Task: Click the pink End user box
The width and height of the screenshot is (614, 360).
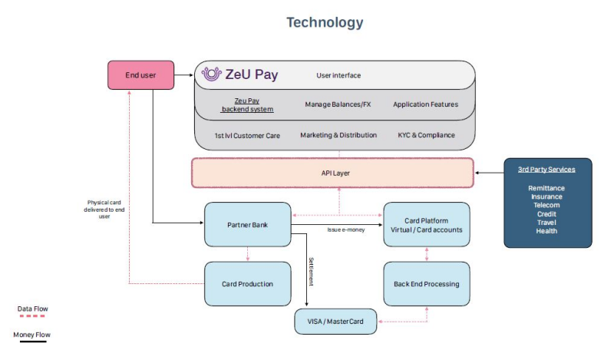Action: [141, 74]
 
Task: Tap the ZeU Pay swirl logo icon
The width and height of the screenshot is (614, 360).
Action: [212, 74]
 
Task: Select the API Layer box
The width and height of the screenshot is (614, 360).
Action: [332, 173]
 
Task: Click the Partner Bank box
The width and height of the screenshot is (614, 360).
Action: [247, 224]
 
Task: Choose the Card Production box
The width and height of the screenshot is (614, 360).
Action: [247, 284]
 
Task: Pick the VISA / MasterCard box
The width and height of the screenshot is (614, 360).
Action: [335, 322]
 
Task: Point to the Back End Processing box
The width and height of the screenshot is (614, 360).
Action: [427, 284]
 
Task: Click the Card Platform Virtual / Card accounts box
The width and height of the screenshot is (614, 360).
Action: [427, 224]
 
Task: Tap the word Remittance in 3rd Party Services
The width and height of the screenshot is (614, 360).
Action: [546, 188]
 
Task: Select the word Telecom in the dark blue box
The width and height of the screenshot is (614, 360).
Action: [546, 205]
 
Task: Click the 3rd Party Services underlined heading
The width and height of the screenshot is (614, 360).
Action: [546, 170]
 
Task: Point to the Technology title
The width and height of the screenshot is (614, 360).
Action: [325, 22]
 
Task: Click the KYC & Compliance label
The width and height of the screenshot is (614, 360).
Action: [427, 135]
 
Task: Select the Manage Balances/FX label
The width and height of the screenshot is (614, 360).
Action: [338, 104]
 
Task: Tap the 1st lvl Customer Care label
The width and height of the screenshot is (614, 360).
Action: [247, 136]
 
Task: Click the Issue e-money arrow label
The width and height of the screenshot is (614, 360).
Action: [346, 230]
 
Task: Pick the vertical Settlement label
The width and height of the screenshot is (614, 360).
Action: [312, 272]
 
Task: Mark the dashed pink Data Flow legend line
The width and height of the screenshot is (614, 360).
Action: [32, 315]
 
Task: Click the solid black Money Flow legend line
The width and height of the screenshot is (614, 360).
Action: [33, 342]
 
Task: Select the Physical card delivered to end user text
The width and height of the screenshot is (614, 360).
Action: [104, 210]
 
